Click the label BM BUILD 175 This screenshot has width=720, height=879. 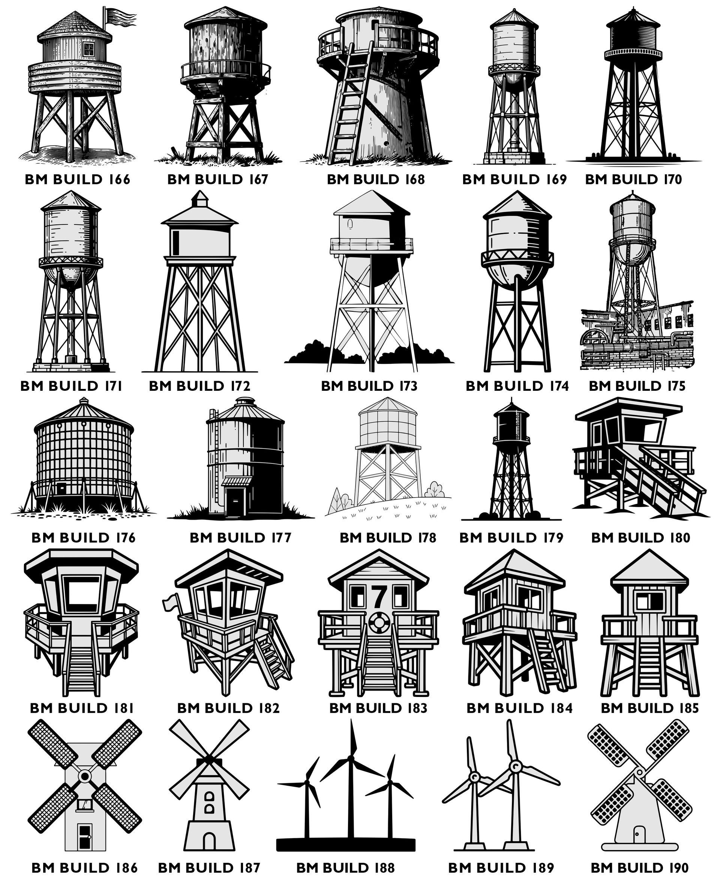[637, 386]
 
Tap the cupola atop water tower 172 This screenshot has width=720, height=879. [200, 199]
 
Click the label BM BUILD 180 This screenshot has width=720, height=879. [640, 538]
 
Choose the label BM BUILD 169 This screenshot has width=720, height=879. [514, 179]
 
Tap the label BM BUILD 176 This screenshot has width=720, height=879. [83, 538]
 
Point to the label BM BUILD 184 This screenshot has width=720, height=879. [519, 708]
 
